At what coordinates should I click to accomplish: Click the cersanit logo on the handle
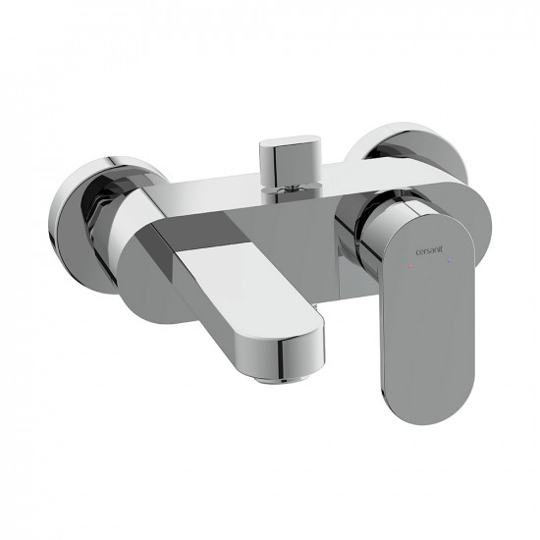(429, 251)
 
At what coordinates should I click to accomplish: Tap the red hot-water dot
(409, 266)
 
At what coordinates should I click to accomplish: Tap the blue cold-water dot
(449, 262)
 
